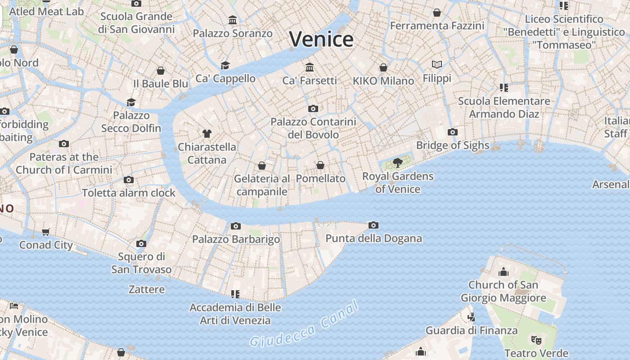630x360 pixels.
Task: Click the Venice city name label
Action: [321, 39]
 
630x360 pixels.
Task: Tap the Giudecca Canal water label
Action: [305, 325]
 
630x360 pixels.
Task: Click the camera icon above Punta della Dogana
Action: [373, 225]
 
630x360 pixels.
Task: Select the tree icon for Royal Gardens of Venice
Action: [397, 163]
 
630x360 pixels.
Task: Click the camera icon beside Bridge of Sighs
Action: [453, 132]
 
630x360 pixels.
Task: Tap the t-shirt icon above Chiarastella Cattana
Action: [207, 134]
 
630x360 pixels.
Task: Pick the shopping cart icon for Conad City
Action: [46, 232]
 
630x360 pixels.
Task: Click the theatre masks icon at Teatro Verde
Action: [536, 340]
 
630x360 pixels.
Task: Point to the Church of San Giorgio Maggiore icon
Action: [503, 272]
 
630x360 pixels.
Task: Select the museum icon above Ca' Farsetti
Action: [310, 67]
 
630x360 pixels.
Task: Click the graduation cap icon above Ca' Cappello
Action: [225, 66]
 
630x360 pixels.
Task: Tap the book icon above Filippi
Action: [436, 65]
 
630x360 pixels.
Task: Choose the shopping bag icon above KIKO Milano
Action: [383, 68]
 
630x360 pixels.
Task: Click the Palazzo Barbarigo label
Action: [236, 239]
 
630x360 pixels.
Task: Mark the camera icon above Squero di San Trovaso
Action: [141, 244]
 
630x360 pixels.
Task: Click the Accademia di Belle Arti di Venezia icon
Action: [235, 294]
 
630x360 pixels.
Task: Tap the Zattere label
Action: [147, 289]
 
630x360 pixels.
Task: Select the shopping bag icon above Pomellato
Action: [320, 166]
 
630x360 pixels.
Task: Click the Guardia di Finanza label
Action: [472, 330]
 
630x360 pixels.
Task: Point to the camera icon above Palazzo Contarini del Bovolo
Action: [313, 109]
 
